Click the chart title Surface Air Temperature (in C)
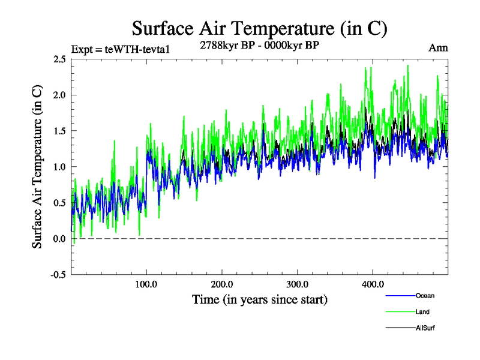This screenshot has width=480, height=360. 259,28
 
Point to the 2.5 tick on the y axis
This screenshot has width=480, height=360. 59,59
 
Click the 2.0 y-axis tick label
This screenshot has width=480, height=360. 59,95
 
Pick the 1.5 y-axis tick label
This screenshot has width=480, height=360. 59,131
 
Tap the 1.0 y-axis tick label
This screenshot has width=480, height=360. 59,167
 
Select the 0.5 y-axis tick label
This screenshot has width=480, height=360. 59,203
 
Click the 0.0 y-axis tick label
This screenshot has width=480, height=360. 59,239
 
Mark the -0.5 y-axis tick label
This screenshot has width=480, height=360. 58,275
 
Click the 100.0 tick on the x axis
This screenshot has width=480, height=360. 146,284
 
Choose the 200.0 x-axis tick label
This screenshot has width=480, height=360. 222,284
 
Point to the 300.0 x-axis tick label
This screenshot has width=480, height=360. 298,284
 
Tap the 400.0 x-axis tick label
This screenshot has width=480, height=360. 373,284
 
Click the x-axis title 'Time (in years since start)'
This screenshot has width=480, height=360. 259,299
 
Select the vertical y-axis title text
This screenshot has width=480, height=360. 37,167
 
